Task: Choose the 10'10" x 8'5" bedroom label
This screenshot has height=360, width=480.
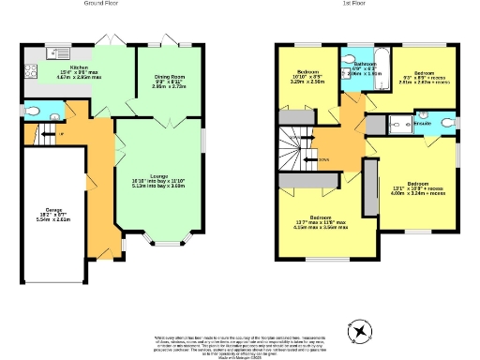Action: coord(309,77)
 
